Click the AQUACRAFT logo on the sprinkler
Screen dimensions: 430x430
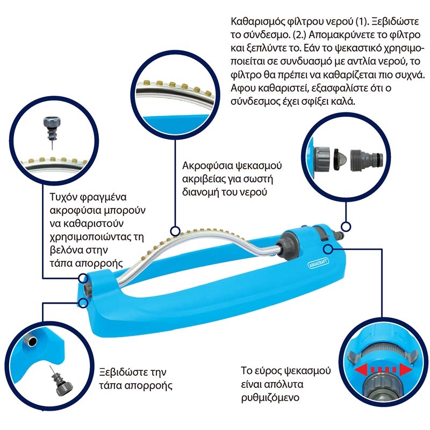pyautogui.click(x=318, y=263)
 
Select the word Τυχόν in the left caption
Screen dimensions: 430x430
pyautogui.click(x=61, y=197)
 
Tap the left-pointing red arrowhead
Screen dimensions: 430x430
pyautogui.click(x=361, y=370)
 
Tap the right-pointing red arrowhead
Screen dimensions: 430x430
pyautogui.click(x=406, y=370)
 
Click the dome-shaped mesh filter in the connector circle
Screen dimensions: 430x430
pyautogui.click(x=340, y=160)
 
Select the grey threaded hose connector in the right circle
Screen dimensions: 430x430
pyautogui.click(x=367, y=159)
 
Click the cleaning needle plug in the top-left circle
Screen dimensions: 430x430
pyautogui.click(x=52, y=132)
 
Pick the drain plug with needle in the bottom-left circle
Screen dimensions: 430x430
pyautogui.click(x=62, y=381)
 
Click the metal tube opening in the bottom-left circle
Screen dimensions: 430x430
pyautogui.click(x=31, y=341)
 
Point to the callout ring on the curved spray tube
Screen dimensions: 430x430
pyautogui.click(x=175, y=231)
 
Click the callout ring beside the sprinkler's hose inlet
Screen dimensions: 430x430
pyautogui.click(x=346, y=227)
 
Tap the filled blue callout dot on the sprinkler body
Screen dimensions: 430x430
pyautogui.click(x=327, y=249)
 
